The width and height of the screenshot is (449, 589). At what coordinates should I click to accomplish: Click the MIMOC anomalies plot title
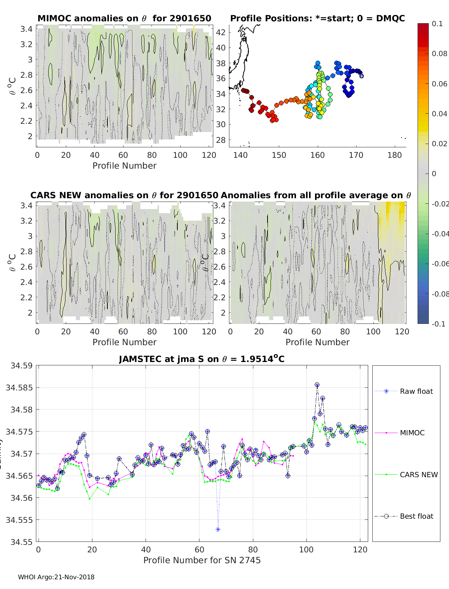pyautogui.click(x=124, y=18)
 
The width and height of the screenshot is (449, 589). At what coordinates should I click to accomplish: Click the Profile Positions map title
pyautogui.click(x=317, y=18)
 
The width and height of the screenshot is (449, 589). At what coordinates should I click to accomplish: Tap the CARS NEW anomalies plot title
pyautogui.click(x=124, y=195)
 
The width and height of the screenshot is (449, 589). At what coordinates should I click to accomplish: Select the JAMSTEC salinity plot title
pyautogui.click(x=202, y=359)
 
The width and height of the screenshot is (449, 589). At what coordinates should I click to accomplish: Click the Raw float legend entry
pyautogui.click(x=416, y=392)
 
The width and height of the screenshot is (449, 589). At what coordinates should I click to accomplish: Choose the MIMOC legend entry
pyautogui.click(x=412, y=433)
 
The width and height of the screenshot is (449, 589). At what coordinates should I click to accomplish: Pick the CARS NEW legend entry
pyautogui.click(x=418, y=475)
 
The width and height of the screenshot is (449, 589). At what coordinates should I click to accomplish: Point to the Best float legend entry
pyautogui.click(x=416, y=516)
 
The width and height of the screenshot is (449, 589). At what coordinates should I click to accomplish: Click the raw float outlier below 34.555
pyautogui.click(x=218, y=530)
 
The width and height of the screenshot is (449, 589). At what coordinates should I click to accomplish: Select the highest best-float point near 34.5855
pyautogui.click(x=317, y=385)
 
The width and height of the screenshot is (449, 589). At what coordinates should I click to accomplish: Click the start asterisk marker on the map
pyautogui.click(x=361, y=76)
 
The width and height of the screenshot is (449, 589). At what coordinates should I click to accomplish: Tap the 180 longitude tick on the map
pyautogui.click(x=395, y=155)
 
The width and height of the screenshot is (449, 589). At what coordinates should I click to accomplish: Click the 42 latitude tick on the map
pyautogui.click(x=221, y=32)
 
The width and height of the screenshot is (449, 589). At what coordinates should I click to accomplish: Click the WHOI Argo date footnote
pyautogui.click(x=56, y=577)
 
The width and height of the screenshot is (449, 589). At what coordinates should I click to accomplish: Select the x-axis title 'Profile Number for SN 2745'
pyautogui.click(x=202, y=560)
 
